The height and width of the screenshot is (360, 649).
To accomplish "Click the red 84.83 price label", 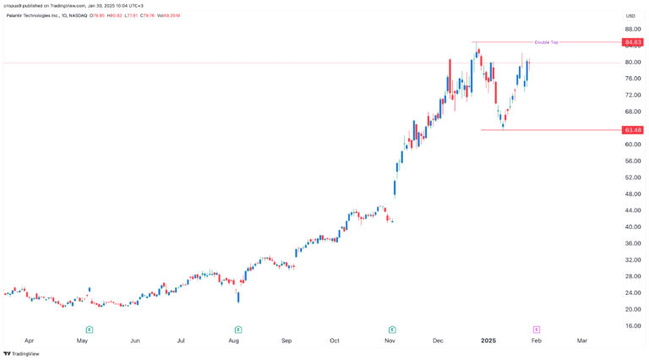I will [x=632, y=42].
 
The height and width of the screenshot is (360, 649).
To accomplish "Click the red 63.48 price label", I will [x=632, y=130].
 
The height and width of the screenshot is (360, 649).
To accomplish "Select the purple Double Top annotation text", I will [x=546, y=42].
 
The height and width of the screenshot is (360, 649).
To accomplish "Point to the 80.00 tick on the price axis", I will [x=632, y=63].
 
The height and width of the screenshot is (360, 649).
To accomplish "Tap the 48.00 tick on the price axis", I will [x=632, y=194].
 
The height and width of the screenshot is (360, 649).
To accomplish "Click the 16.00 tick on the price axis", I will [x=632, y=325].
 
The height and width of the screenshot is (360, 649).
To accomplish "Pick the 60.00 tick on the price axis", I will [x=632, y=145].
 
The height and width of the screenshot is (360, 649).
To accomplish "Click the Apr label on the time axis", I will [x=30, y=341].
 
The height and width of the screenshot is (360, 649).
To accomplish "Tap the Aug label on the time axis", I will [x=234, y=341].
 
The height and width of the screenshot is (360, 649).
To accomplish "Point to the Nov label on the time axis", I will [x=390, y=341].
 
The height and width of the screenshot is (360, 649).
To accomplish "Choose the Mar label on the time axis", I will [x=582, y=341].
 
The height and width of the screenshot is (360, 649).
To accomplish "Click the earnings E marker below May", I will [x=89, y=330].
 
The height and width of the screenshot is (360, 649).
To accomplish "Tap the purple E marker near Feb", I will [x=537, y=330].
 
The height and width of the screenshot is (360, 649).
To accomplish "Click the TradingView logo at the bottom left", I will [x=25, y=353].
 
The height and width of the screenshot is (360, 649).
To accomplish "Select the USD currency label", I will [x=630, y=16].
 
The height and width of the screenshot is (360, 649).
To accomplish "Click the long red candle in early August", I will [x=238, y=296].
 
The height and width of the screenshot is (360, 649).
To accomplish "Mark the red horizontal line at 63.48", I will [x=549, y=130].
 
